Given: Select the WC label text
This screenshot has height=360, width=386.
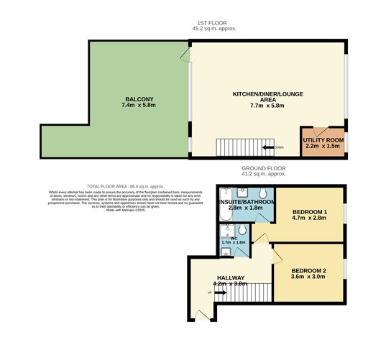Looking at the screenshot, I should tap(233, 237).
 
